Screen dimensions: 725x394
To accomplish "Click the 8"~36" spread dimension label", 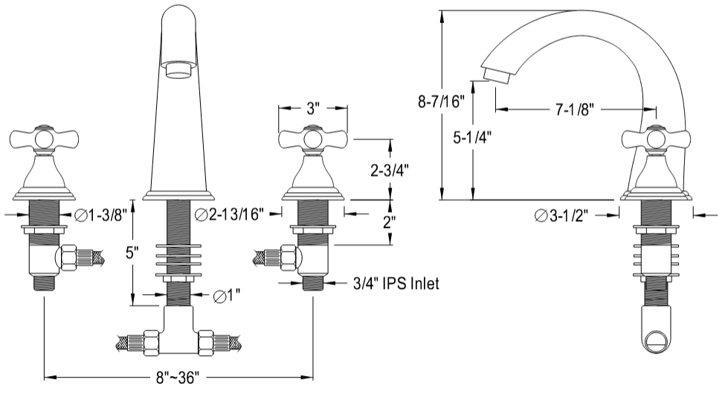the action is (x=177, y=378).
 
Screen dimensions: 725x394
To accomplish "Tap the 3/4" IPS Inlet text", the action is (x=396, y=283).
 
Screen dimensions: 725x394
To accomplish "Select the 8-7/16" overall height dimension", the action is (x=441, y=101).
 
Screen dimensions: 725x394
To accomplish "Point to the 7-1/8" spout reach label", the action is (x=575, y=109).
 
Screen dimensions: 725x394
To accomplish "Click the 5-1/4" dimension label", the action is (x=471, y=138).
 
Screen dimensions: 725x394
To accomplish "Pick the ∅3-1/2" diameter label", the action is (x=561, y=216).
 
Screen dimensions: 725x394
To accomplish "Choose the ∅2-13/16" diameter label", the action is (x=229, y=215).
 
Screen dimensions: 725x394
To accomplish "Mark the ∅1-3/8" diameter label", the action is (x=100, y=215).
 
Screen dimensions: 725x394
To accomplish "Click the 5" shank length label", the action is (x=132, y=252).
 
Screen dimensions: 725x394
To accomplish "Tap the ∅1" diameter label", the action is (x=227, y=295).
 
